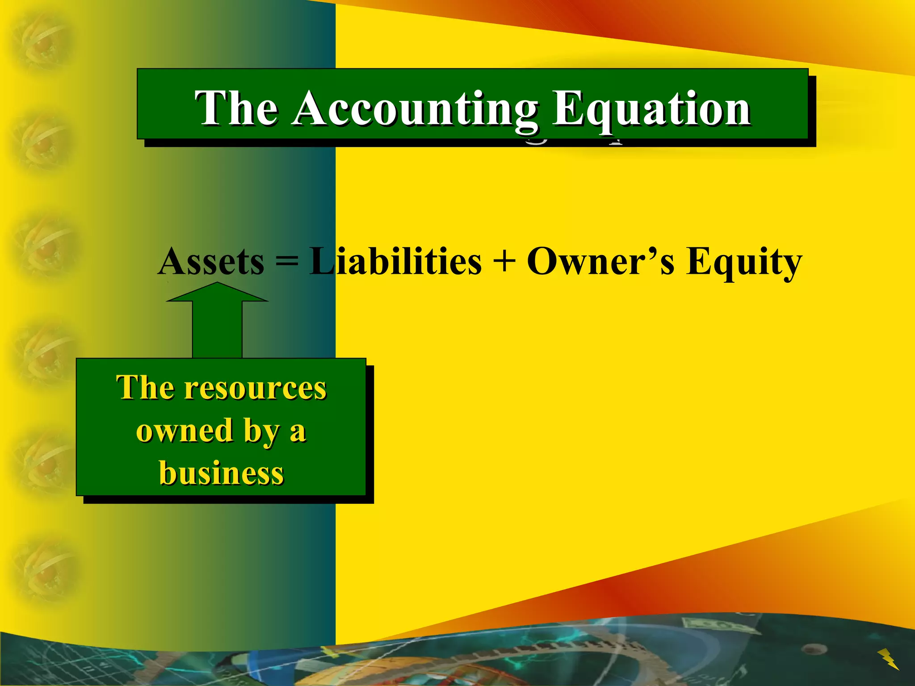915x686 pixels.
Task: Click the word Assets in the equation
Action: (211, 262)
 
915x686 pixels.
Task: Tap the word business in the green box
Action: (221, 473)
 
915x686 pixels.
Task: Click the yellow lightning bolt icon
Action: (888, 659)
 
